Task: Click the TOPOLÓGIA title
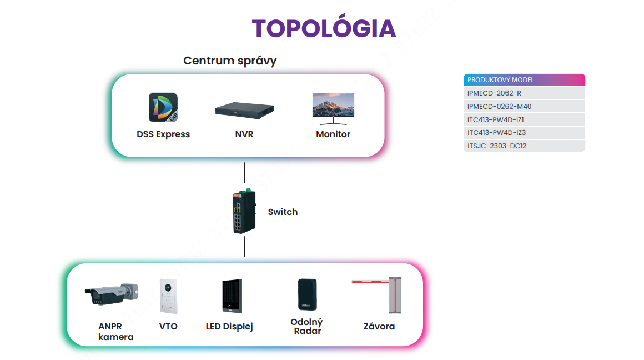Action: pyautogui.click(x=324, y=28)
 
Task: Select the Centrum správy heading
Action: pyautogui.click(x=230, y=61)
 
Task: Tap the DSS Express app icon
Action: pyautogui.click(x=163, y=107)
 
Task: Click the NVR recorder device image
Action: pyautogui.click(x=244, y=110)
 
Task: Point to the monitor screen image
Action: pyautogui.click(x=333, y=109)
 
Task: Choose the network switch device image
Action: pyautogui.click(x=244, y=211)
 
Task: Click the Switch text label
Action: pyautogui.click(x=283, y=212)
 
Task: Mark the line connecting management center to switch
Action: pyautogui.click(x=245, y=173)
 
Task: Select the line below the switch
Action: pyautogui.click(x=245, y=247)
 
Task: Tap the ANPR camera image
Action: pyautogui.click(x=111, y=294)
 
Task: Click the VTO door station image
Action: pyautogui.click(x=168, y=296)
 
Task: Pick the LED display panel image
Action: pyautogui.click(x=232, y=296)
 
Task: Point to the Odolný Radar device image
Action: pyautogui.click(x=307, y=294)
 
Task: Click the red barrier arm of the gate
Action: pyautogui.click(x=370, y=282)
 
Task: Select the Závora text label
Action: pyautogui.click(x=379, y=327)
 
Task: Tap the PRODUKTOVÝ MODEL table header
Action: pyautogui.click(x=524, y=80)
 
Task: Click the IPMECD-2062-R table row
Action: pyautogui.click(x=524, y=93)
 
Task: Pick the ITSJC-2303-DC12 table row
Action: pyautogui.click(x=524, y=146)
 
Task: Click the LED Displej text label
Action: pyautogui.click(x=229, y=327)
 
